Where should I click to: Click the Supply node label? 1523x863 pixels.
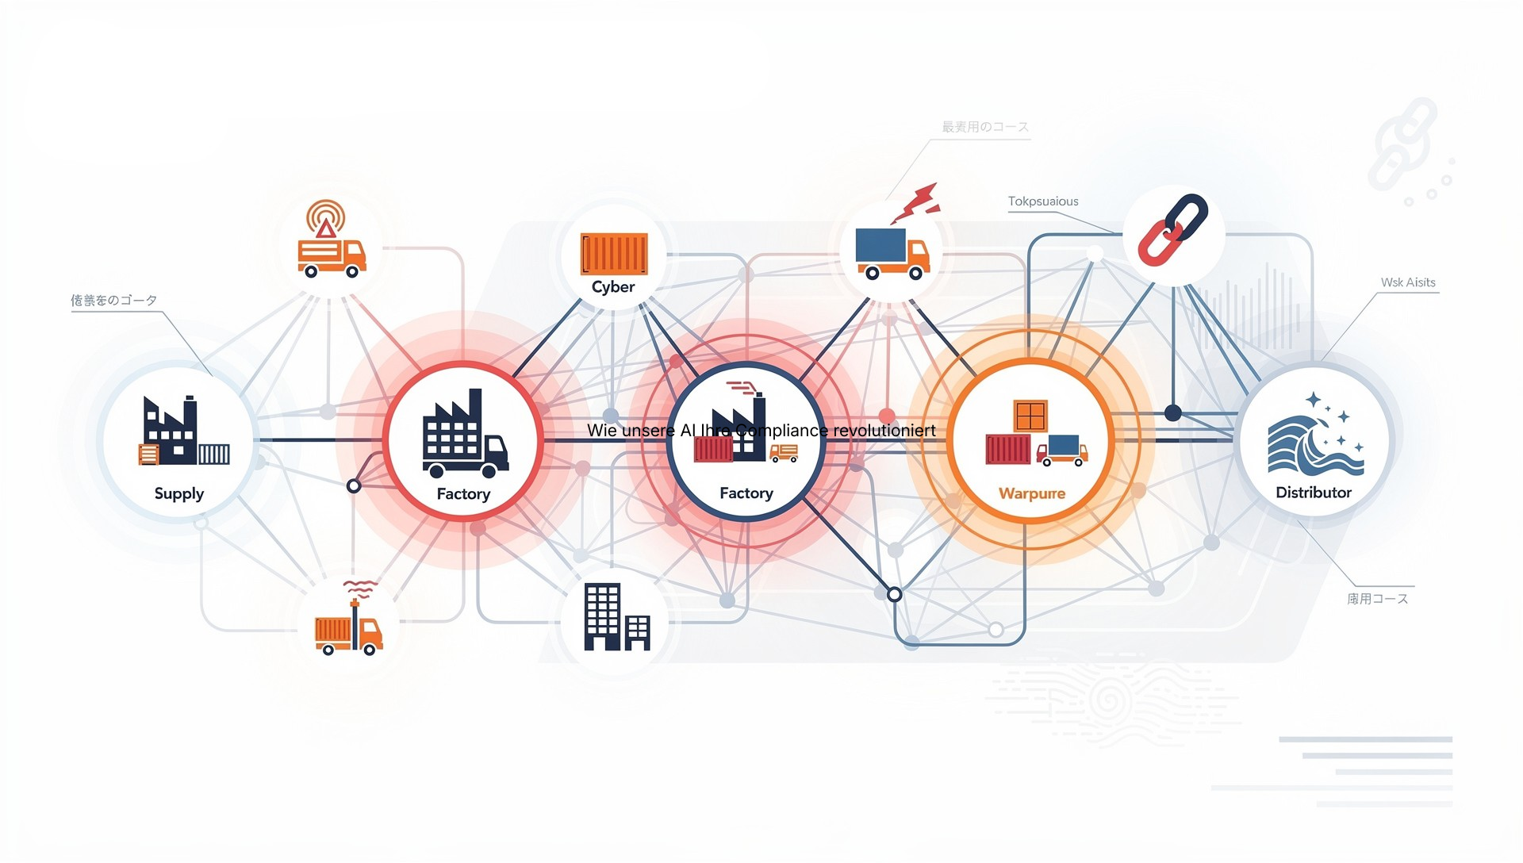point(179,493)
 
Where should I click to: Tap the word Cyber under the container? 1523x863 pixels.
point(613,287)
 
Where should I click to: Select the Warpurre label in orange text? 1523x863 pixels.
point(1031,493)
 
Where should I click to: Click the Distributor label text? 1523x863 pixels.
point(1314,493)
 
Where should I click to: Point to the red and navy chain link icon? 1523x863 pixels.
point(1172,230)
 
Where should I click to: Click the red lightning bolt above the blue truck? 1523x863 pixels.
point(917,203)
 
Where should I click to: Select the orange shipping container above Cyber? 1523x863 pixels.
point(614,254)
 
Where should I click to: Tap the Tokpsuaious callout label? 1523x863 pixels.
point(1043,201)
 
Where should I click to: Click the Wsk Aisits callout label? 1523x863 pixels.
point(1408,282)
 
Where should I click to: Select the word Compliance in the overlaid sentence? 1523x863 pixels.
point(781,431)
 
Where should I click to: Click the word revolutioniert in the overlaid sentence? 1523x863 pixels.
point(884,431)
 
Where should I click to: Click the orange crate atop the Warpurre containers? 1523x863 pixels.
point(1030,416)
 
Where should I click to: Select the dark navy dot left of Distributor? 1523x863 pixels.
point(1173,412)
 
